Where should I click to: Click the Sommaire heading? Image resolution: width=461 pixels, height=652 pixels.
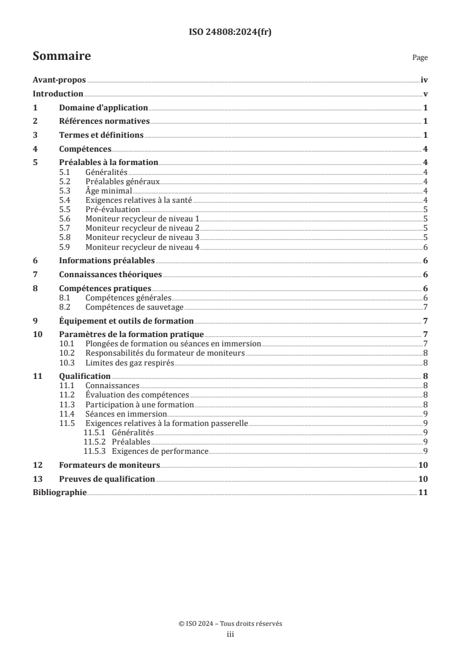tap(61, 56)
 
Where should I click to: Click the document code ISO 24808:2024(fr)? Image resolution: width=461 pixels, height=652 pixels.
tap(230, 33)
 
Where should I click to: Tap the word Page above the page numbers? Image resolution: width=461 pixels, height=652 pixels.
tap(420, 58)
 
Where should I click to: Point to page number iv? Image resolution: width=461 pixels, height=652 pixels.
tap(424, 81)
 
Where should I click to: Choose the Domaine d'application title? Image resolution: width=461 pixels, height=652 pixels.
tap(103, 108)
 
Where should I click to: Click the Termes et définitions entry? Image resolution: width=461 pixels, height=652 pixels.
tap(101, 135)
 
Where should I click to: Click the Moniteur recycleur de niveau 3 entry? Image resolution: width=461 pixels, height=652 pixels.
tap(142, 237)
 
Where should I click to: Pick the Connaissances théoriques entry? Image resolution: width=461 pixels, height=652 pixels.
tap(110, 274)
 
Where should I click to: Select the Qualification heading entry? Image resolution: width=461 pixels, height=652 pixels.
tap(85, 377)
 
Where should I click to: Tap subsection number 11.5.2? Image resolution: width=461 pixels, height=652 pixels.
tap(94, 442)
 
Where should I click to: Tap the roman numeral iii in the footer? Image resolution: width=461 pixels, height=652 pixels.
tap(230, 635)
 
